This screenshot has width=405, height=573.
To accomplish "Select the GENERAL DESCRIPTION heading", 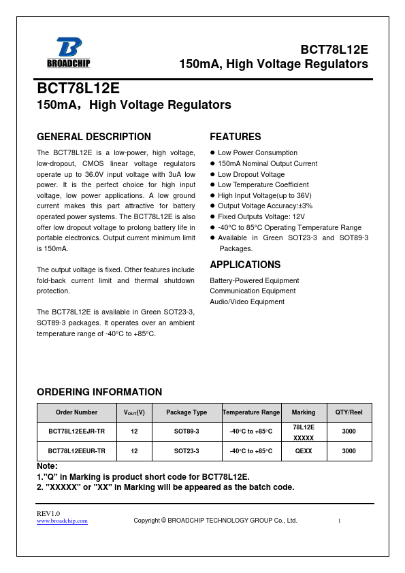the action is [93, 137].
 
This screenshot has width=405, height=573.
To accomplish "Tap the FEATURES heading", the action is [235, 137].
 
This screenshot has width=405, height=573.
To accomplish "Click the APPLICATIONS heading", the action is [245, 265].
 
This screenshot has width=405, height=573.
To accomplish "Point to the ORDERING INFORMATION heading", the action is [99, 392].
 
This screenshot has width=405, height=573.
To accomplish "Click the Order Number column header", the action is [76, 412].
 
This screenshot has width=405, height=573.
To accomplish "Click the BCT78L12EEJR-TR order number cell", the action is [76, 431].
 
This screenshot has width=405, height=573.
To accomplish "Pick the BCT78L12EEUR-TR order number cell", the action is [76, 451].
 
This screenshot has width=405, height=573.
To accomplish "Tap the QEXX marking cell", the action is [304, 451].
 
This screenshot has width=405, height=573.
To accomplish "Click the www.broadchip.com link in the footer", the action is [62, 521].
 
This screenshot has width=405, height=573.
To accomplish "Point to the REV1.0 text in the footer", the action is [48, 512].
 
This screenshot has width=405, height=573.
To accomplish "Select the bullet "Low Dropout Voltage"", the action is [251, 174].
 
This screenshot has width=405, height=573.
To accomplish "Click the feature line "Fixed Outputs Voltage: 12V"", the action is [262, 216].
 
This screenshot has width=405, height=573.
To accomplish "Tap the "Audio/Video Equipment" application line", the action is [247, 301].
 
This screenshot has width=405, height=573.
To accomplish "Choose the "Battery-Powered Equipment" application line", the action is [254, 280].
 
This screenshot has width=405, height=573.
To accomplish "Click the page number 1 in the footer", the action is [339, 521].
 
